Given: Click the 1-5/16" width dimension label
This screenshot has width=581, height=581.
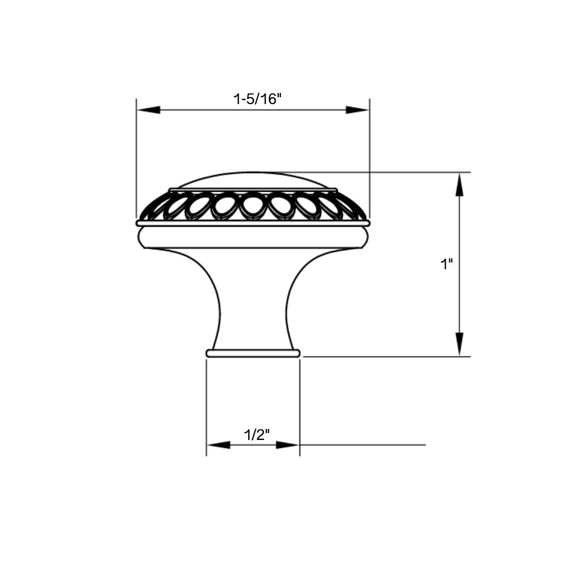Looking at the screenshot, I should [x=255, y=99].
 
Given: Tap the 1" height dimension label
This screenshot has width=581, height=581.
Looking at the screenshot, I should [x=447, y=265].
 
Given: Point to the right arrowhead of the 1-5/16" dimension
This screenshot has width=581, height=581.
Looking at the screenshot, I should [x=358, y=109].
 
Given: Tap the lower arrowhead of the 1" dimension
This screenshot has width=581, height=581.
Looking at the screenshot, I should [x=460, y=344].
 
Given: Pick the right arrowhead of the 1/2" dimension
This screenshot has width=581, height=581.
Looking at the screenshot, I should [x=288, y=445].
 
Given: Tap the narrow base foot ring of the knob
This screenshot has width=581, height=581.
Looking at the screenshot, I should [x=253, y=353].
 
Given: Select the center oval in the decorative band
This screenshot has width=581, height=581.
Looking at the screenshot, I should [x=252, y=204].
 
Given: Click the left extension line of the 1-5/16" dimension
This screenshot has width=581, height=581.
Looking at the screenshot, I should [x=137, y=158].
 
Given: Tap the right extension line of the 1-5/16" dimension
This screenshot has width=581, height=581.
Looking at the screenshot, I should [x=369, y=158].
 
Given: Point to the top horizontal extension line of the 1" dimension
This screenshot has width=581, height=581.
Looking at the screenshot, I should [x=401, y=172].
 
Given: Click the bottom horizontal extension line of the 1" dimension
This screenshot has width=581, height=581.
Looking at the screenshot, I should [x=386, y=357].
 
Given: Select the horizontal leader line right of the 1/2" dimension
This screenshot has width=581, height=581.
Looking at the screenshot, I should [x=364, y=445].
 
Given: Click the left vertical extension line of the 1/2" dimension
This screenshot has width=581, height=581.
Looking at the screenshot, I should [x=206, y=407].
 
